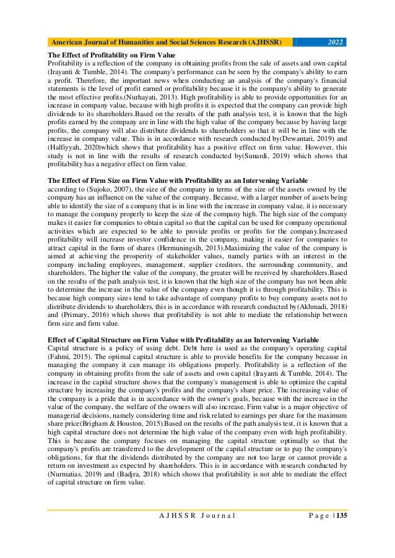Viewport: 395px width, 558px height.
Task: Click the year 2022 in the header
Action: tap(334, 42)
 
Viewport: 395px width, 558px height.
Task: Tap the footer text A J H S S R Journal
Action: tap(194, 532)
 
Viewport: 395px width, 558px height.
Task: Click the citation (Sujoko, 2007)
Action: tap(100, 188)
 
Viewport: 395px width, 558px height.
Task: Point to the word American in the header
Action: tap(67, 42)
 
